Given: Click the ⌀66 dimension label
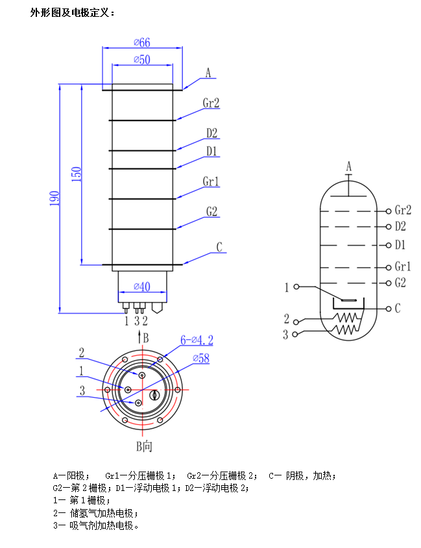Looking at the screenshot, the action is [142, 43].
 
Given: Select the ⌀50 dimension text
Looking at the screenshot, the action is [142, 60].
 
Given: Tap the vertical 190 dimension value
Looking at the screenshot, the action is [54, 198].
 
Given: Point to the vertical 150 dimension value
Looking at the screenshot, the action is [77, 174].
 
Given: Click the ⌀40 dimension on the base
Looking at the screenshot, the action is [142, 286].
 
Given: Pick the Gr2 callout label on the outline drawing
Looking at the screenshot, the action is [211, 103].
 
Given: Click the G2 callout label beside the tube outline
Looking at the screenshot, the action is [211, 211].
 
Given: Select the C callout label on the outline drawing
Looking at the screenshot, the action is [219, 247].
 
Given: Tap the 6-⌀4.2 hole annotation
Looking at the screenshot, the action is [197, 339].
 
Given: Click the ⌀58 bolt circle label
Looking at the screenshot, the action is [201, 358].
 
